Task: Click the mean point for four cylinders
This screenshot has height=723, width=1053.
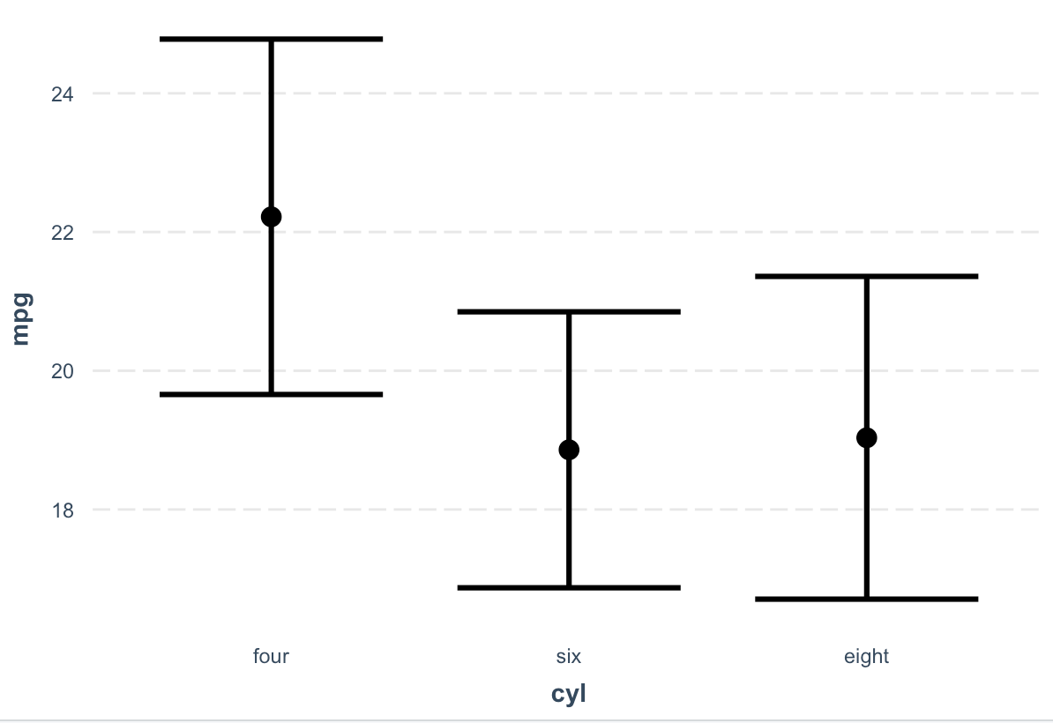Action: click(271, 217)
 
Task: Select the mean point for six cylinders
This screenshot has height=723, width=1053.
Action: click(569, 450)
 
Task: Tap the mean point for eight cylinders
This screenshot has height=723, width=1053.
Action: click(866, 437)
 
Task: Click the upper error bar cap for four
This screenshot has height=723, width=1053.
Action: click(272, 39)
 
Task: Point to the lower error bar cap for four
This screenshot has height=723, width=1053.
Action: click(272, 395)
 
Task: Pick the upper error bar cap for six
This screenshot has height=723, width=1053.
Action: click(569, 311)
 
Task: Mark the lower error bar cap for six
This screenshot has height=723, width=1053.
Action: click(569, 588)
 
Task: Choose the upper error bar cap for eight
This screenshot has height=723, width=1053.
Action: click(866, 276)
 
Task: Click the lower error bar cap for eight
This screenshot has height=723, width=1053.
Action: click(866, 599)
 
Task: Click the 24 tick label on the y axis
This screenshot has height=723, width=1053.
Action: click(63, 94)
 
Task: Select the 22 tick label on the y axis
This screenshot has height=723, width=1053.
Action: click(63, 232)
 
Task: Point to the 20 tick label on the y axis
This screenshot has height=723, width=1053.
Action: click(63, 371)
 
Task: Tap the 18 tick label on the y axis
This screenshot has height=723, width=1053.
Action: click(63, 511)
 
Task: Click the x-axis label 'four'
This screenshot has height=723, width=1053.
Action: click(271, 656)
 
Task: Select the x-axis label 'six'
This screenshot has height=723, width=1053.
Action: click(568, 656)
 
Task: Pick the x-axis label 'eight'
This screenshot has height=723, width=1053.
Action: click(866, 656)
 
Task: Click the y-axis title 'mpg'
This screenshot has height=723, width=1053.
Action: click(21, 319)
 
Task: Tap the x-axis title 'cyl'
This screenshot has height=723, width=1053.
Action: click(568, 693)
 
